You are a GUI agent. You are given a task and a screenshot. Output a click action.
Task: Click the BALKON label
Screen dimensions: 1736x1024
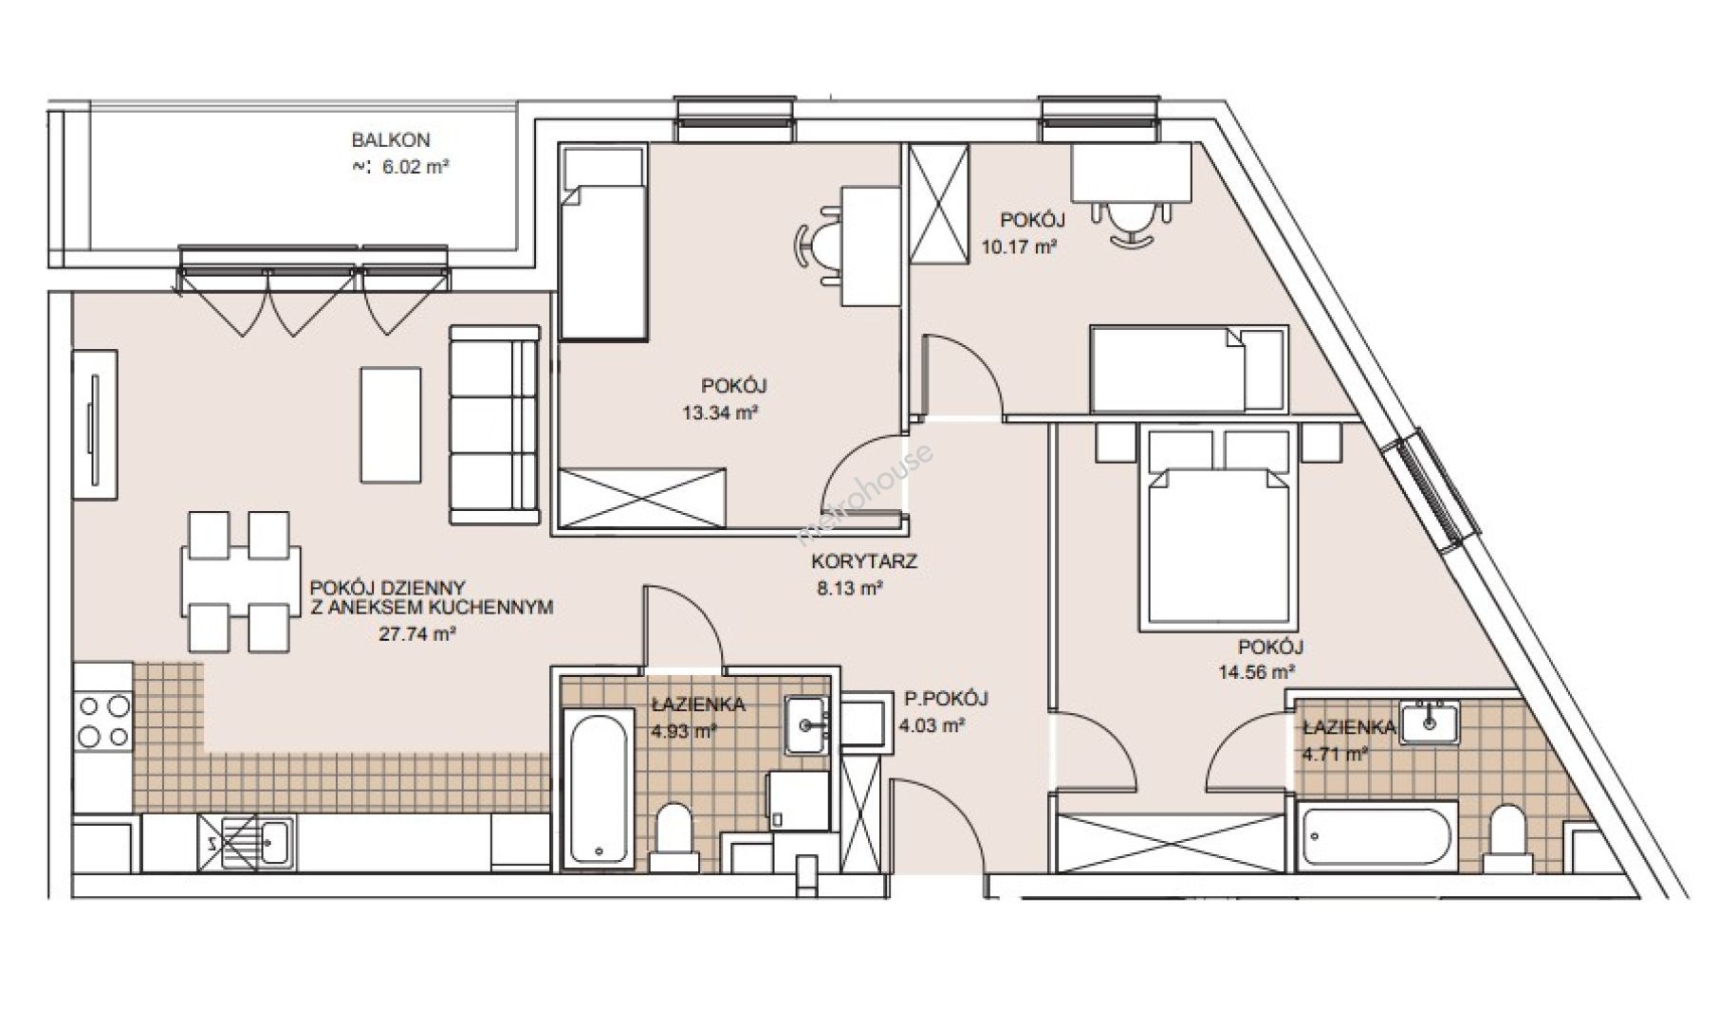click(x=391, y=140)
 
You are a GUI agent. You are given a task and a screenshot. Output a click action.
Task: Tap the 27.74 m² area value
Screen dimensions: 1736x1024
click(x=417, y=634)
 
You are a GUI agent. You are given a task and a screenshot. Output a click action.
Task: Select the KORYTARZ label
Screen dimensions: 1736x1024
click(x=864, y=561)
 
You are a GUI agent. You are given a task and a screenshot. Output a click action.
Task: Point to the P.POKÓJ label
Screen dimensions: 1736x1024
click(x=946, y=699)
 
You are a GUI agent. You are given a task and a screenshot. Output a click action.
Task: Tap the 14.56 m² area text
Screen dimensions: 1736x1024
click(x=1257, y=672)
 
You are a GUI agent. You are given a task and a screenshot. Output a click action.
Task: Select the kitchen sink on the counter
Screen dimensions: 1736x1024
click(x=249, y=841)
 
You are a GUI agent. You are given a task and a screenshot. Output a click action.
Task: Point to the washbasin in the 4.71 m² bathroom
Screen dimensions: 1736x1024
click(x=1430, y=722)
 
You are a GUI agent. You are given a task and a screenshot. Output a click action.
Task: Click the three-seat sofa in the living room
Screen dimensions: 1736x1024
click(x=493, y=425)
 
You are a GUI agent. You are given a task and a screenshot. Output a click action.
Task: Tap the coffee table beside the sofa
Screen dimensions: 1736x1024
click(x=390, y=426)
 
